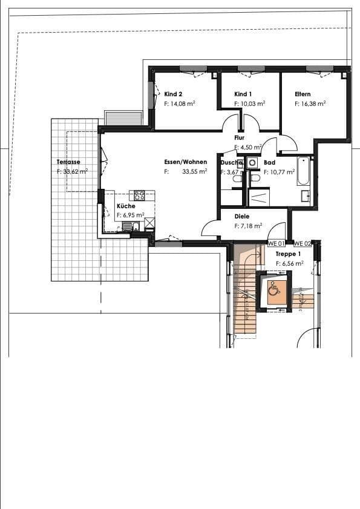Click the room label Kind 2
[173, 94]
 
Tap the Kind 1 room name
[243, 94]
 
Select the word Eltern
[303, 94]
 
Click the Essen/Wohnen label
[185, 162]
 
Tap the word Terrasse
[68, 162]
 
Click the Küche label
[126, 206]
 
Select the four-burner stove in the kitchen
[139, 195]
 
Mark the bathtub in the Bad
[304, 171]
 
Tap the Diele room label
[242, 216]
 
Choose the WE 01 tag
[276, 243]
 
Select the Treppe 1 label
[288, 255]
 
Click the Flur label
[239, 138]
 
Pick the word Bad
[269, 162]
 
